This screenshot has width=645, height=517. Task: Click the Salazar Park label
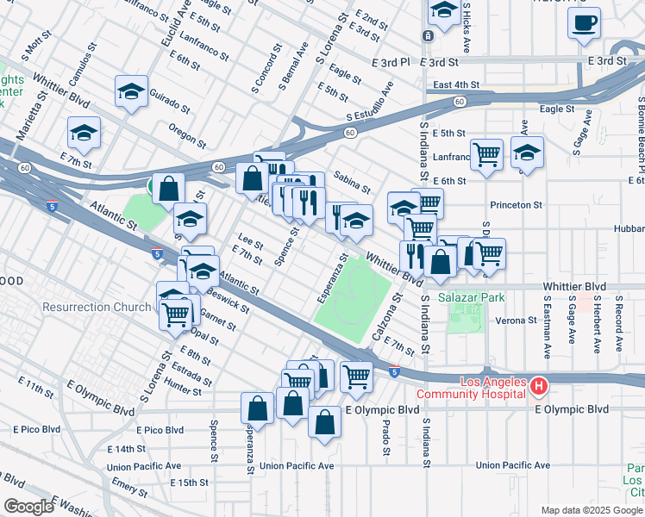[x=471, y=297]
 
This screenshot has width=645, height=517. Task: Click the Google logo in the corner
[x=28, y=507]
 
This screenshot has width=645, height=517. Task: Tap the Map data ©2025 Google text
[x=592, y=510]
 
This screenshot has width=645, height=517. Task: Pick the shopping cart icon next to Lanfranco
[x=487, y=155]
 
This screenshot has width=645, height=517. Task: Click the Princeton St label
[x=516, y=205]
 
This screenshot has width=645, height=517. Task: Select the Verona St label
[x=517, y=321]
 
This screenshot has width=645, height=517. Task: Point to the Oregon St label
[x=188, y=135]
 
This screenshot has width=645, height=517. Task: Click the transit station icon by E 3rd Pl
[x=428, y=35]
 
